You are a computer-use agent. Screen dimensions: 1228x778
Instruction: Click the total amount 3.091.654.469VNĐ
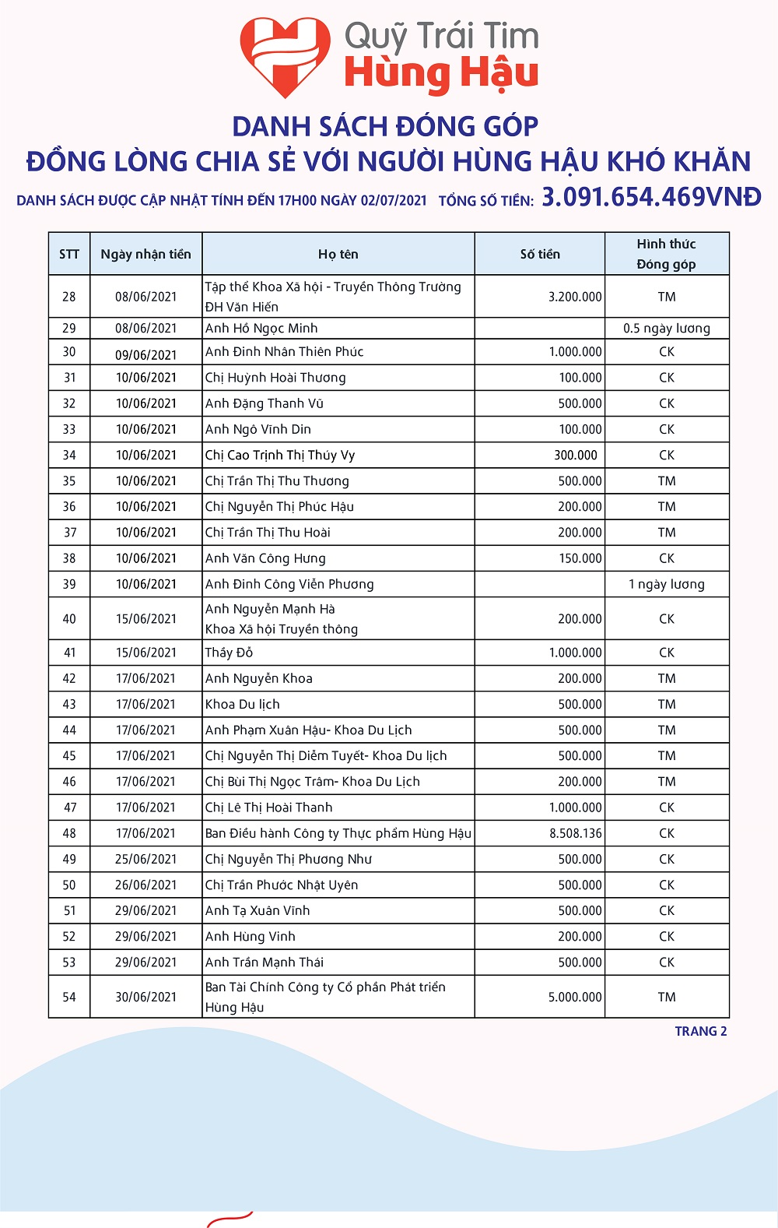click(x=651, y=197)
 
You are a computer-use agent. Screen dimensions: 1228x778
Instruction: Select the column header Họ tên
click(x=338, y=254)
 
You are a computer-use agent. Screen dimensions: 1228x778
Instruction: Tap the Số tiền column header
click(x=540, y=254)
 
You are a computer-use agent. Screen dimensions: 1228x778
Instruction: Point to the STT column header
click(x=69, y=254)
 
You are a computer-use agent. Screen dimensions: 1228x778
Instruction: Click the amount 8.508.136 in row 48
click(x=576, y=833)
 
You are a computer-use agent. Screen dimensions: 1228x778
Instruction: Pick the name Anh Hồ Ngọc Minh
click(x=261, y=328)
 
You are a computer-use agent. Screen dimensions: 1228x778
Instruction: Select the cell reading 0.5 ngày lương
click(x=667, y=328)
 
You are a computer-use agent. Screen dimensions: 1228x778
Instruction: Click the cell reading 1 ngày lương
click(x=667, y=584)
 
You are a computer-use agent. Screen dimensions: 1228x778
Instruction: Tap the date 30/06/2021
click(x=146, y=997)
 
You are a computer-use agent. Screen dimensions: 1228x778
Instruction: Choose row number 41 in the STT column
click(x=69, y=653)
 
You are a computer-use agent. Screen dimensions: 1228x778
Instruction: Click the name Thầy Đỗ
click(x=229, y=653)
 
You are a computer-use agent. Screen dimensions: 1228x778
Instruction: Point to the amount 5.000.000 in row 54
click(x=575, y=997)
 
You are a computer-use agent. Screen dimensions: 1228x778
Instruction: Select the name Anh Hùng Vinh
click(x=251, y=936)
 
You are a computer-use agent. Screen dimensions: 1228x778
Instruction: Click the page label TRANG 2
click(x=701, y=1031)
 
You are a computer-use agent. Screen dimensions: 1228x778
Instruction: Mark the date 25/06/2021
click(x=146, y=859)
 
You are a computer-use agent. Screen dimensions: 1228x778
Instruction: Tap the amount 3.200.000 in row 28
click(x=575, y=297)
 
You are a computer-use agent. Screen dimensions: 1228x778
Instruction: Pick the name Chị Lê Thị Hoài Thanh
click(x=269, y=808)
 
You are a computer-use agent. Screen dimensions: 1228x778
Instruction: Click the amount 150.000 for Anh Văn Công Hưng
click(x=580, y=558)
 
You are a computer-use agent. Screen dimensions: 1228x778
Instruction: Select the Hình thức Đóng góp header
click(x=667, y=254)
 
